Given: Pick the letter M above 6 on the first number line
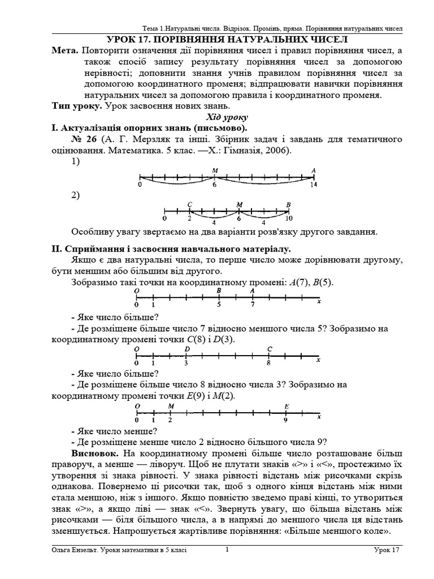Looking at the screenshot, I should pos(215,170).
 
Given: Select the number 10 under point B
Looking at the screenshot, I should pos(288,218).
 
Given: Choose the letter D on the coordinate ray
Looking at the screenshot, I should pos(187,349).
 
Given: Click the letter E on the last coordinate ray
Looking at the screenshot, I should pos(287,406).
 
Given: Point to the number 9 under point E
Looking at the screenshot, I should pos(285,420).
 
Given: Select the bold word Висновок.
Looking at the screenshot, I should pos(94,453).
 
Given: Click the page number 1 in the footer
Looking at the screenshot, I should pos(227,549).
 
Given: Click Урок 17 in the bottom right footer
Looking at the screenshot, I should pos(387,550).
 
